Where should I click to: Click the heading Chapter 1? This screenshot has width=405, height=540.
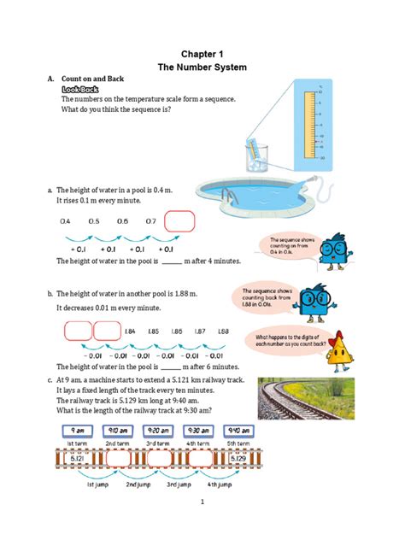click(x=202, y=53)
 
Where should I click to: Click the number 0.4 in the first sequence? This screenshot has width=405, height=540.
click(x=66, y=221)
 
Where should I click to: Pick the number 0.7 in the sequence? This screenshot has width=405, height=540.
click(x=150, y=221)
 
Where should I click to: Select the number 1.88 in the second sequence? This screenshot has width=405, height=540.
click(x=223, y=331)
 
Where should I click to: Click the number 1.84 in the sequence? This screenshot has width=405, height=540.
click(x=130, y=331)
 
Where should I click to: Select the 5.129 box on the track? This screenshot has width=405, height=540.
click(x=240, y=459)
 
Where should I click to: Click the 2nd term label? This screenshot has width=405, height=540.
click(x=117, y=443)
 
